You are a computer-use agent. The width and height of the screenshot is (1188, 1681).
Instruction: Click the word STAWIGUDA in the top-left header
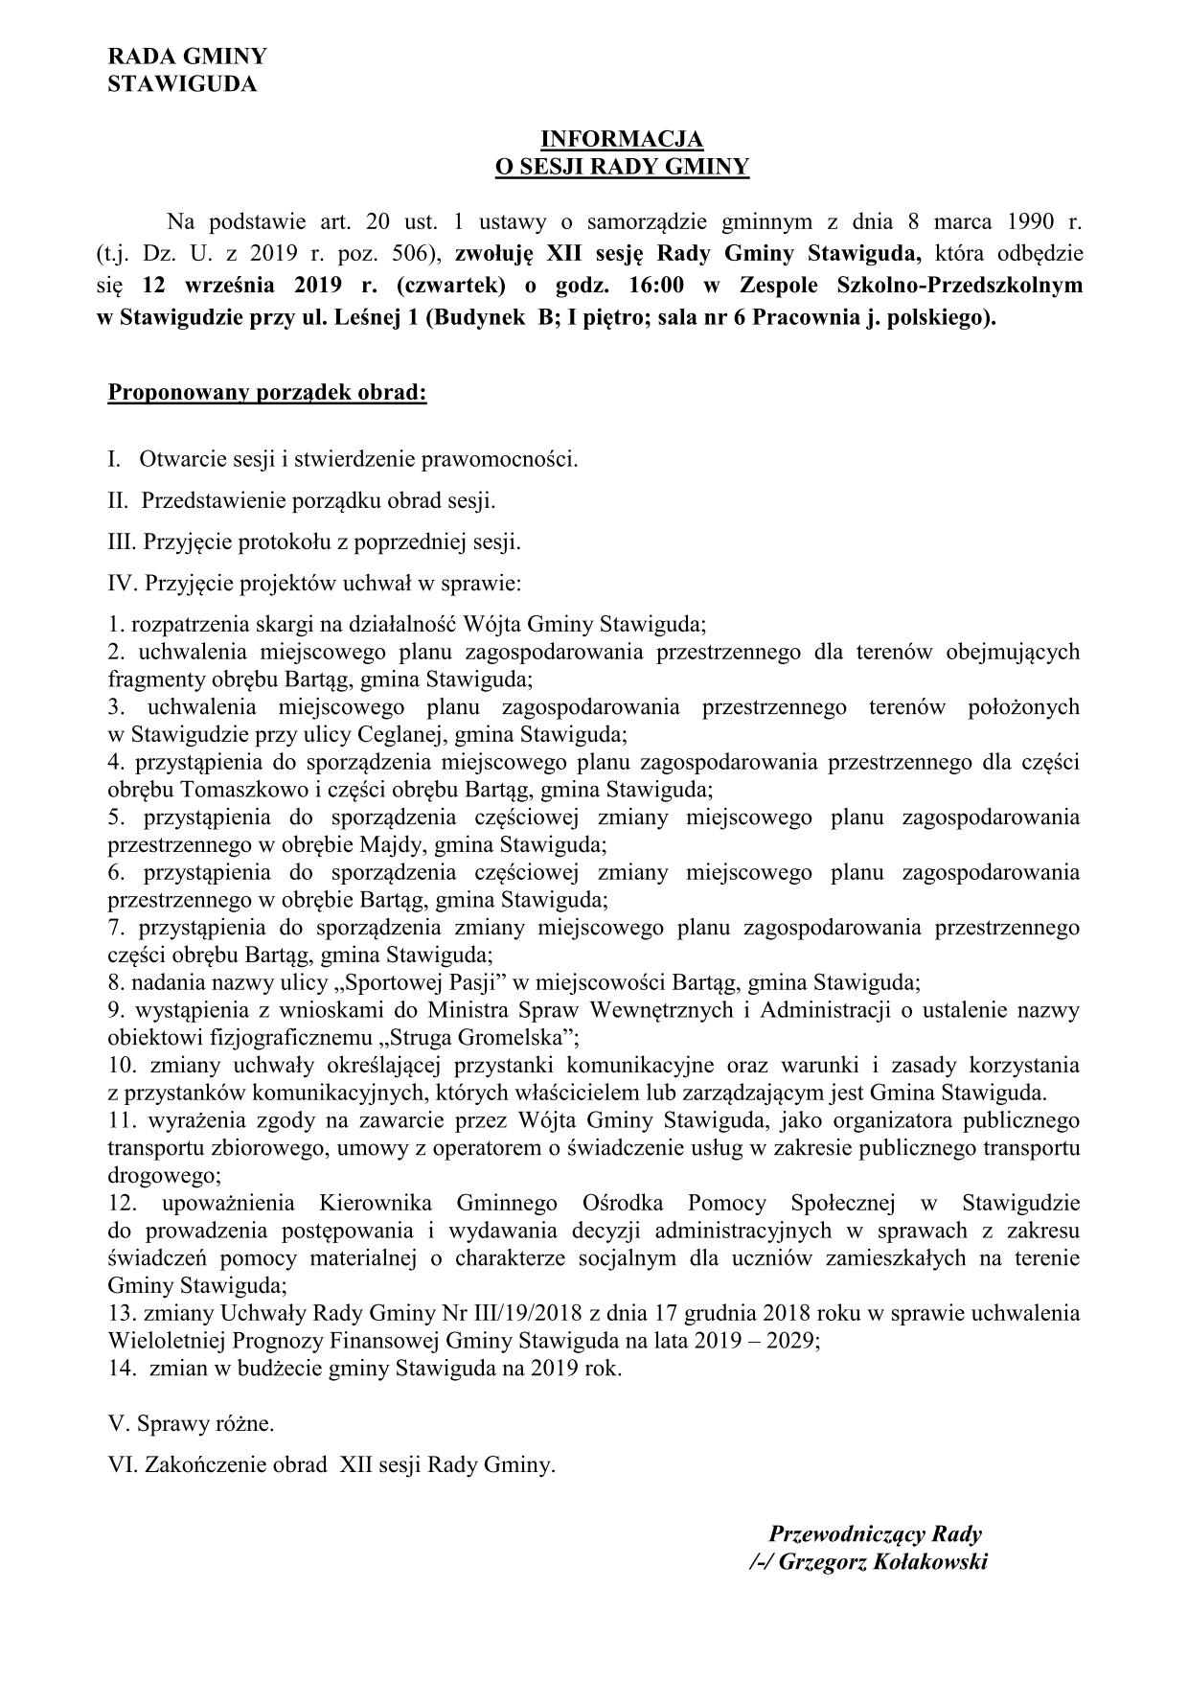[182, 84]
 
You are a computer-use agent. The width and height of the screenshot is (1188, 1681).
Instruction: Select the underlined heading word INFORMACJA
[621, 140]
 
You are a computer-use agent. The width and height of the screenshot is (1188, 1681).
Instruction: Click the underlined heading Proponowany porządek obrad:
[267, 393]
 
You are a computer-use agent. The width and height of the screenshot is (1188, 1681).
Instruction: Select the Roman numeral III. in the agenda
[123, 541]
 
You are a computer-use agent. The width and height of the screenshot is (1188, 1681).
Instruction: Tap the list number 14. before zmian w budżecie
[123, 1369]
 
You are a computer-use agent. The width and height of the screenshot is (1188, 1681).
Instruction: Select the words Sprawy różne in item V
[205, 1423]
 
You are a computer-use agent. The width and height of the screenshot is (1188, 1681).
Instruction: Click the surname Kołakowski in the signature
[925, 1562]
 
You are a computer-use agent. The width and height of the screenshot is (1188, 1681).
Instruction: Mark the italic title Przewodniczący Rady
[876, 1533]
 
